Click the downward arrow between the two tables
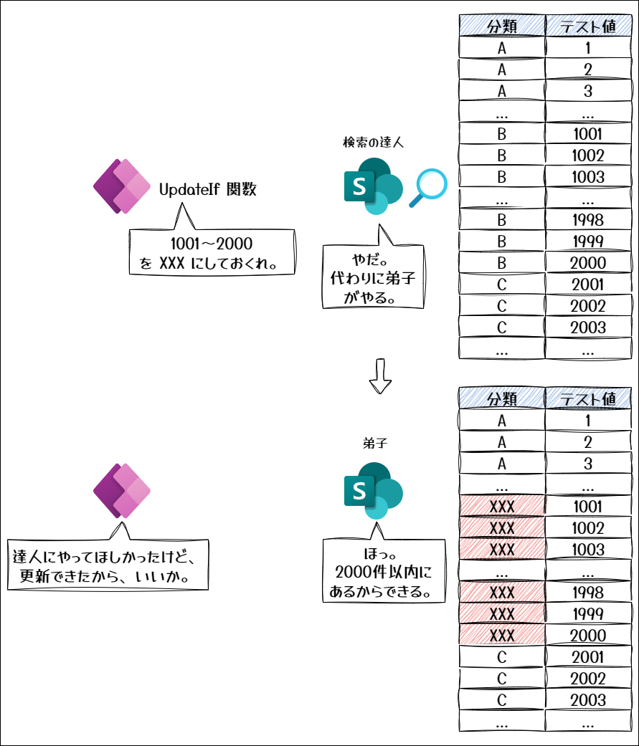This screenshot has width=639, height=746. pos(380,376)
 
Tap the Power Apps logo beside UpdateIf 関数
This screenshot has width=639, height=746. pos(122,186)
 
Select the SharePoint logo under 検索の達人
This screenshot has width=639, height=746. pos(374,186)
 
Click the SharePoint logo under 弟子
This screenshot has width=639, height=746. pos(374,490)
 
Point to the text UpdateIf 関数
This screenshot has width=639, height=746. pos(207,189)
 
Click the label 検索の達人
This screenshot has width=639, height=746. pos(374,143)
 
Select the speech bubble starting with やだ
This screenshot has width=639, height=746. pos(374,276)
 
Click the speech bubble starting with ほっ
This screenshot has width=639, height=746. pos(384,570)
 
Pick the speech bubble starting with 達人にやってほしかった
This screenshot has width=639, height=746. pos(108,565)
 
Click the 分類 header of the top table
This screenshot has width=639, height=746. pos(502,26)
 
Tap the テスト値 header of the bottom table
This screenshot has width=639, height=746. pos(588,398)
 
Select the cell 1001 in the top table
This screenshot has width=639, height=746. pos(588,134)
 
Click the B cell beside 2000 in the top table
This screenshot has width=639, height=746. pos(502,262)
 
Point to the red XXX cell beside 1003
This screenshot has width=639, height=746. pos(502,550)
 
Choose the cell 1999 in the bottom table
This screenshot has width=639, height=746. pos(588,613)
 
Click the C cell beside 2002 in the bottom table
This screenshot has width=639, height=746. pos(502,679)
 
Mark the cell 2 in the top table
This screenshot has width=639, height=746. pos(588,70)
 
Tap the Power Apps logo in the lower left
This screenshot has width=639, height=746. pos(122,490)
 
